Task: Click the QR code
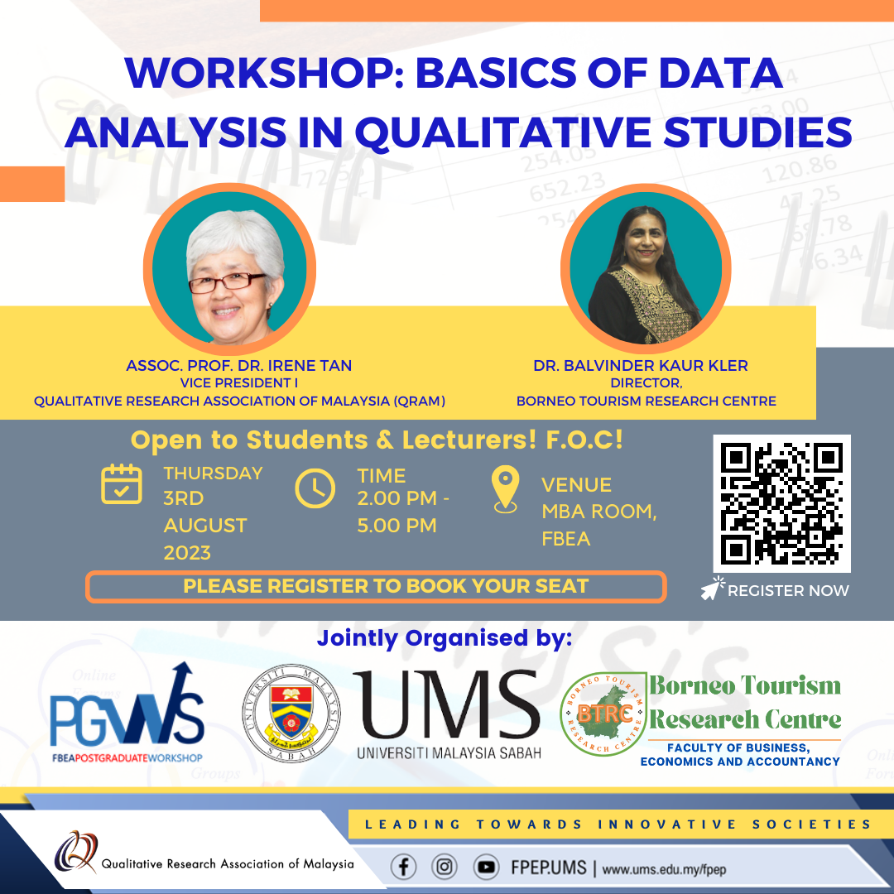pyautogui.click(x=781, y=503)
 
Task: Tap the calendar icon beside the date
pyautogui.click(x=122, y=484)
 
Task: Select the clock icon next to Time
pyautogui.click(x=315, y=488)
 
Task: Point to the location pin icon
pyautogui.click(x=505, y=489)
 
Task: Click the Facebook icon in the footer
pyautogui.click(x=403, y=868)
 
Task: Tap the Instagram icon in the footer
pyautogui.click(x=445, y=868)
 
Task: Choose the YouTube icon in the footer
pyautogui.click(x=487, y=868)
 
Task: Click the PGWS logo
pyautogui.click(x=127, y=713)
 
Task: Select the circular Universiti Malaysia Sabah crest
pyautogui.click(x=291, y=713)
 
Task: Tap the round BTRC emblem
pyautogui.click(x=603, y=714)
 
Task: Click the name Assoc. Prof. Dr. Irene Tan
pyautogui.click(x=239, y=366)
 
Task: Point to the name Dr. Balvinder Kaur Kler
pyautogui.click(x=640, y=366)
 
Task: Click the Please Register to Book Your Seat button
pyautogui.click(x=377, y=586)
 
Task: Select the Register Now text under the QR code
pyautogui.click(x=788, y=591)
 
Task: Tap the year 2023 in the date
pyautogui.click(x=187, y=552)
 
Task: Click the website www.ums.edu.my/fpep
pyautogui.click(x=664, y=869)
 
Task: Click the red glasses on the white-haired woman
pyautogui.click(x=226, y=282)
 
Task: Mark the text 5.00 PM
pyautogui.click(x=397, y=525)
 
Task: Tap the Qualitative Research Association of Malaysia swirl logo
pyautogui.click(x=76, y=852)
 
